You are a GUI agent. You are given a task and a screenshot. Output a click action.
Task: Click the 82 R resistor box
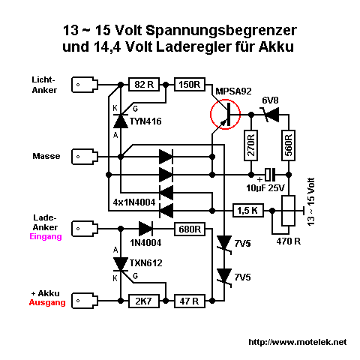coord(144,85)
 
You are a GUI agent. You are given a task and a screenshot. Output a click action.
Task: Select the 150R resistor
coord(190,85)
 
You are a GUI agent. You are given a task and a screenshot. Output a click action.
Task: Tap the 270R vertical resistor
coord(251,145)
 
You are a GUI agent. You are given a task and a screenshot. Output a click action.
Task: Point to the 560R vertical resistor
coord(289,145)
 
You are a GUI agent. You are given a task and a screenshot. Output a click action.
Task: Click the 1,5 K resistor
coord(248,211)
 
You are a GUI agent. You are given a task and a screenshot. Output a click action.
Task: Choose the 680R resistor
coord(190,229)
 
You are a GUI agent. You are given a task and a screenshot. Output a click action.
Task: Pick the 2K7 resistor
coord(144,301)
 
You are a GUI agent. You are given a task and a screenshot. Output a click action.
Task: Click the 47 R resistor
coord(190,301)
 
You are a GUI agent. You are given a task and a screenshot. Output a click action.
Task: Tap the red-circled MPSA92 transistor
coord(226,114)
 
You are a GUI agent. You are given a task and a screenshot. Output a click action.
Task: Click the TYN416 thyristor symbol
coord(121,121)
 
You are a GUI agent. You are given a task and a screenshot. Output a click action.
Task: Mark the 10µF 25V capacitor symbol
coord(270,175)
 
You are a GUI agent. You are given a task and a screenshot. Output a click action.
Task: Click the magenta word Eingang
coord(46,236)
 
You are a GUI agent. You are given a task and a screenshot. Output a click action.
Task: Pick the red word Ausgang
coord(47,302)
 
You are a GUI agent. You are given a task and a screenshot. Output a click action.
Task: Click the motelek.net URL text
coord(298,342)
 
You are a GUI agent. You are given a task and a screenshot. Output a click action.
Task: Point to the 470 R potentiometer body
coord(289,211)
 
